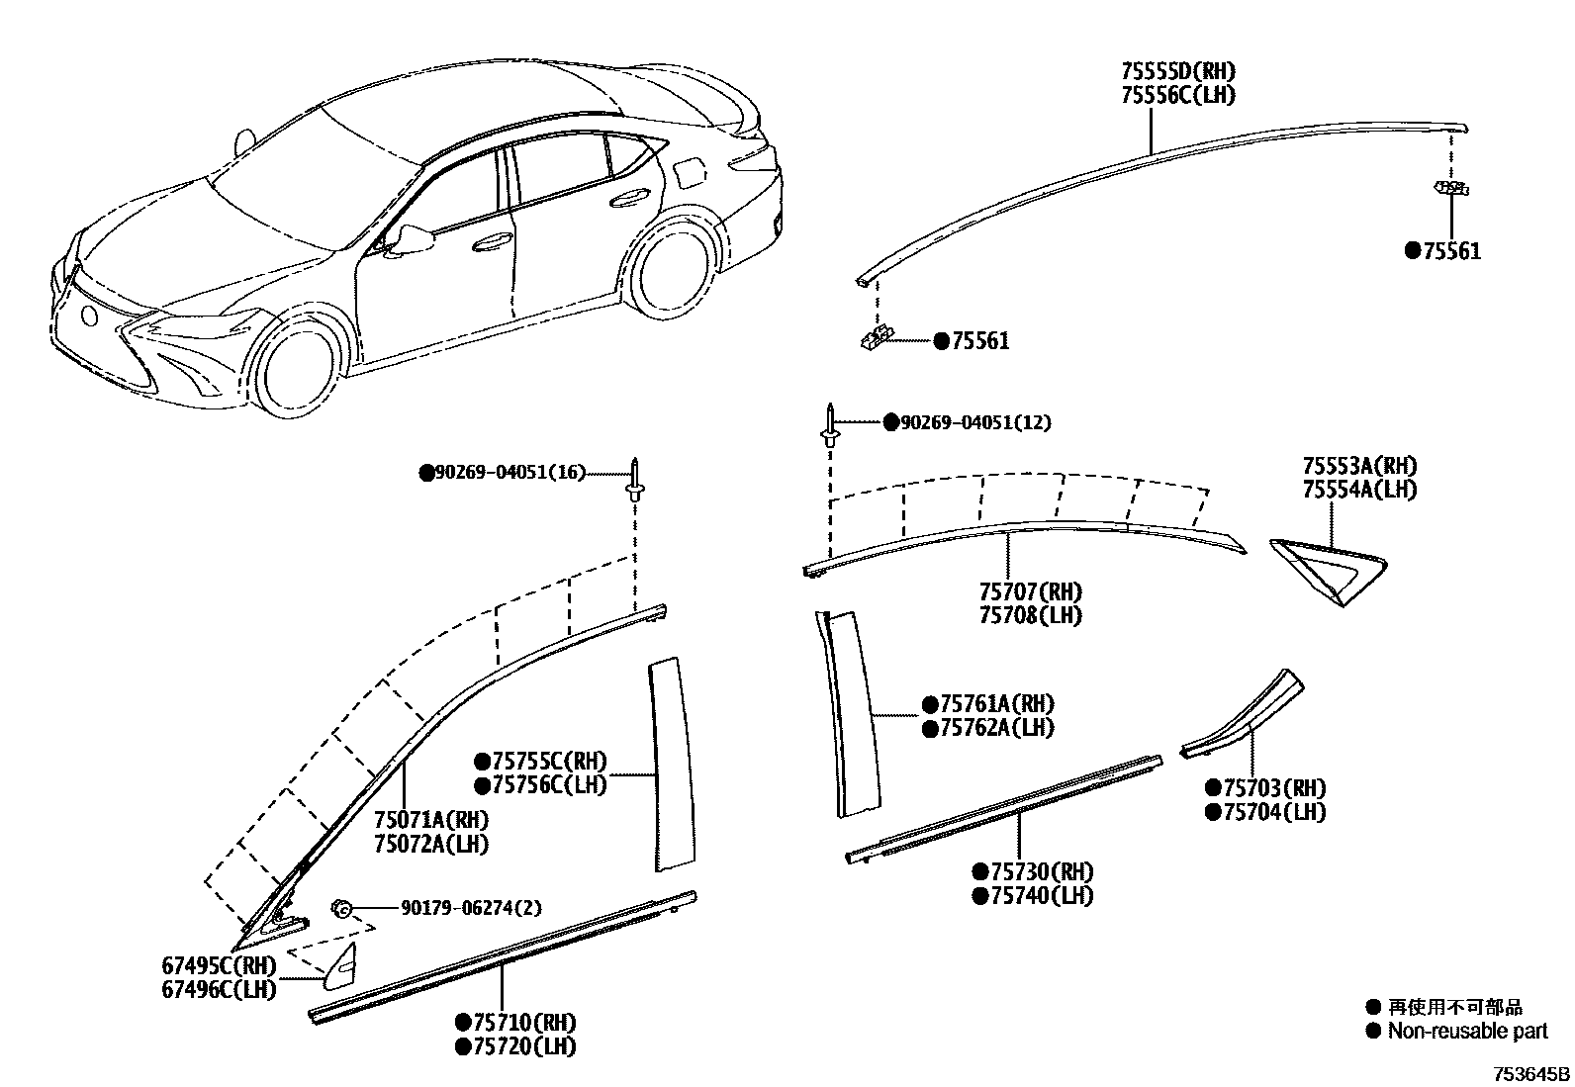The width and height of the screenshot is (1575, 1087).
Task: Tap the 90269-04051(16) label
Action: pyautogui.click(x=502, y=474)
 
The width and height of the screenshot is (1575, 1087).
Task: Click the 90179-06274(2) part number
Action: pyautogui.click(x=470, y=908)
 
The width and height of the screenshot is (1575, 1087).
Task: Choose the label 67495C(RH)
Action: pyautogui.click(x=219, y=965)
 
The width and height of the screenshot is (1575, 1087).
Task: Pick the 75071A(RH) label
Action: pyautogui.click(x=430, y=820)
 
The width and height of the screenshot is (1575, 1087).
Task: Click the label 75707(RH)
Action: pyautogui.click(x=1030, y=591)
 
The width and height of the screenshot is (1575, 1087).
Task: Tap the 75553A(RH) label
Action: pyautogui.click(x=1358, y=466)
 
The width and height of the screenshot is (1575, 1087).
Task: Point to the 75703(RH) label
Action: pyautogui.click(x=1274, y=788)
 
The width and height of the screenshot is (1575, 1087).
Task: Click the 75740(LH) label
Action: pyautogui.click(x=1041, y=895)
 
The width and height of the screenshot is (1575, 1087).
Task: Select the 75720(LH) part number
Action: pyautogui.click(x=523, y=1045)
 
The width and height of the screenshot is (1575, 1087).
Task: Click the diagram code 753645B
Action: pyautogui.click(x=1530, y=1073)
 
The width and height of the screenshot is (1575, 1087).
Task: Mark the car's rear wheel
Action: pyautogui.click(x=670, y=272)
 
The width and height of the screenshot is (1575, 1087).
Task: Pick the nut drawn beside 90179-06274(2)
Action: pyautogui.click(x=343, y=908)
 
